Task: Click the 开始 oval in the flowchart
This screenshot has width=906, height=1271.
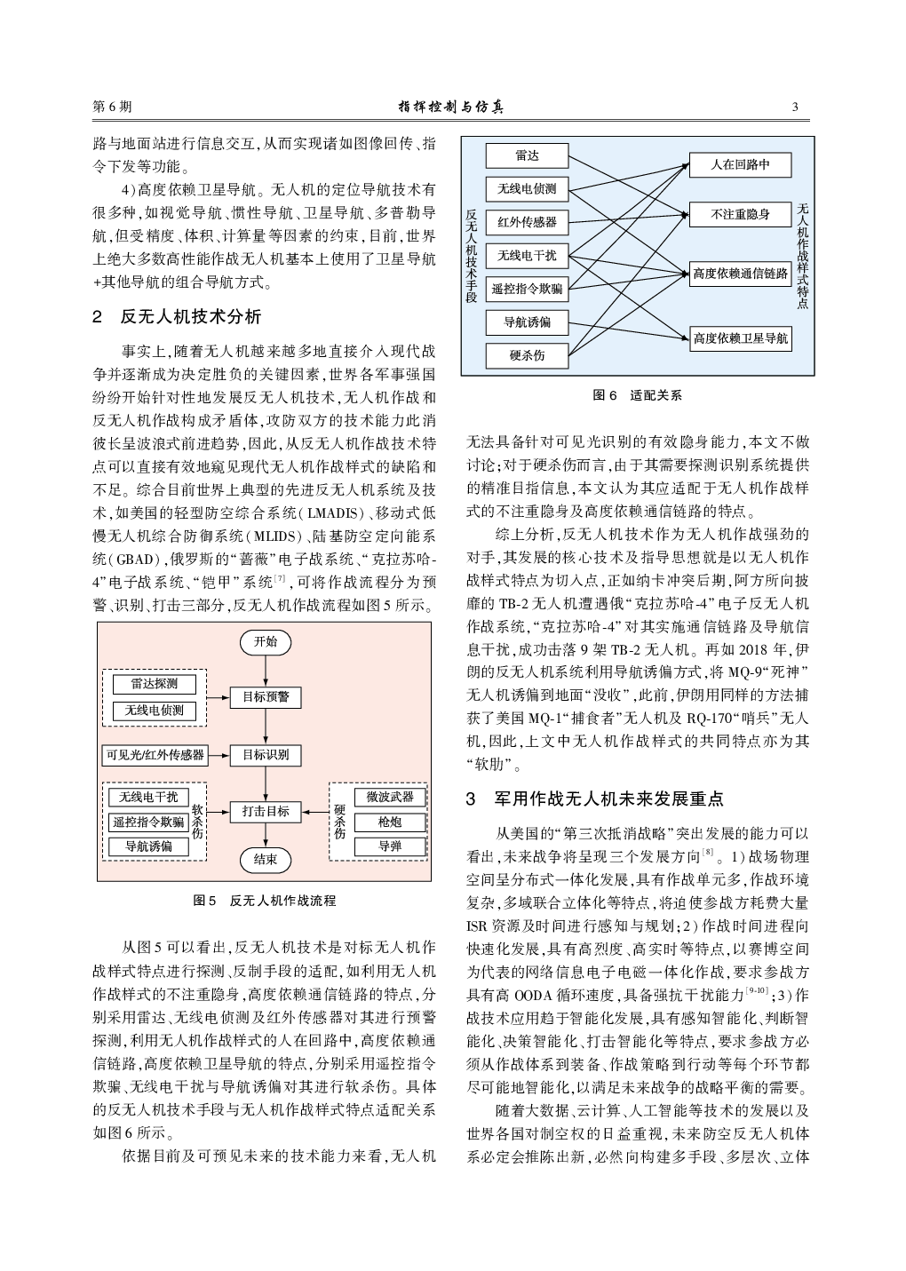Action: (266, 641)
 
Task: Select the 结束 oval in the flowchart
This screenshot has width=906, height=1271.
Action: (266, 859)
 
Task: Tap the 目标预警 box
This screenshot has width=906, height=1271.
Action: (266, 697)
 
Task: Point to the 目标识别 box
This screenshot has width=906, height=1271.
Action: (266, 756)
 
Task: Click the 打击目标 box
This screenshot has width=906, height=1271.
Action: (266, 811)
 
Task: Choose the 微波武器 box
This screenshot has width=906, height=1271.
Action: (390, 798)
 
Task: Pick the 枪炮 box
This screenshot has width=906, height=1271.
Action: (390, 822)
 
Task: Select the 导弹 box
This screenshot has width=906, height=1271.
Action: (390, 846)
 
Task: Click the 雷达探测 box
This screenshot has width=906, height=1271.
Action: (154, 684)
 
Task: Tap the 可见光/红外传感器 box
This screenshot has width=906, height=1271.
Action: (155, 756)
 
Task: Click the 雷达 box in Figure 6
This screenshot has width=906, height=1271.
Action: (527, 156)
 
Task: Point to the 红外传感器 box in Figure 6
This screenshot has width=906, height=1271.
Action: (527, 222)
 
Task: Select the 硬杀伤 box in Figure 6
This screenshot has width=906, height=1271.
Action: (527, 355)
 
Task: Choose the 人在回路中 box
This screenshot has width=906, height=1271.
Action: (740, 165)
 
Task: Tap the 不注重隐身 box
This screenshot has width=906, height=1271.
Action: (740, 214)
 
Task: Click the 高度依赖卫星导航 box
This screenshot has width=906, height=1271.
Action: (740, 338)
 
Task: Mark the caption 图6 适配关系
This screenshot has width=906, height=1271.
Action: (637, 395)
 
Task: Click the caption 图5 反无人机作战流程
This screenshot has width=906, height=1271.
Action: (265, 901)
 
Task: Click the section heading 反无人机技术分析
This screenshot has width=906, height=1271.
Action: (190, 317)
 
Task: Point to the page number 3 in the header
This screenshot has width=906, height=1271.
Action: (795, 107)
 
